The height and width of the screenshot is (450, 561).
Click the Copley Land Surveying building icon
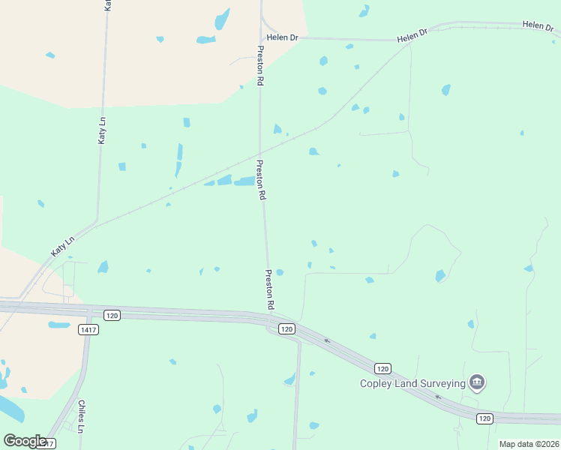(x=476, y=383)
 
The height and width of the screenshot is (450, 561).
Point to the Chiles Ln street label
(x=81, y=416)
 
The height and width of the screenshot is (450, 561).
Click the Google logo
(x=25, y=441)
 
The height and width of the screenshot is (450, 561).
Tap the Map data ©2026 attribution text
(x=529, y=444)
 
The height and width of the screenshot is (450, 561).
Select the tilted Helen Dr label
(x=412, y=35)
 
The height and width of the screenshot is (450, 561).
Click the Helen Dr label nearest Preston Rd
(x=283, y=36)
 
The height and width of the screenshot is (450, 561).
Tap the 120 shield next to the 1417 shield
(x=112, y=315)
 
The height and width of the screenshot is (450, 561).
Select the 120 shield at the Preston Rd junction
(x=286, y=328)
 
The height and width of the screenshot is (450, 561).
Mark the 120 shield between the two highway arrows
(x=382, y=368)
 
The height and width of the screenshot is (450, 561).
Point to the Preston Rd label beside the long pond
(x=261, y=180)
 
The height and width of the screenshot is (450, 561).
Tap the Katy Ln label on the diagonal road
(x=64, y=247)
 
